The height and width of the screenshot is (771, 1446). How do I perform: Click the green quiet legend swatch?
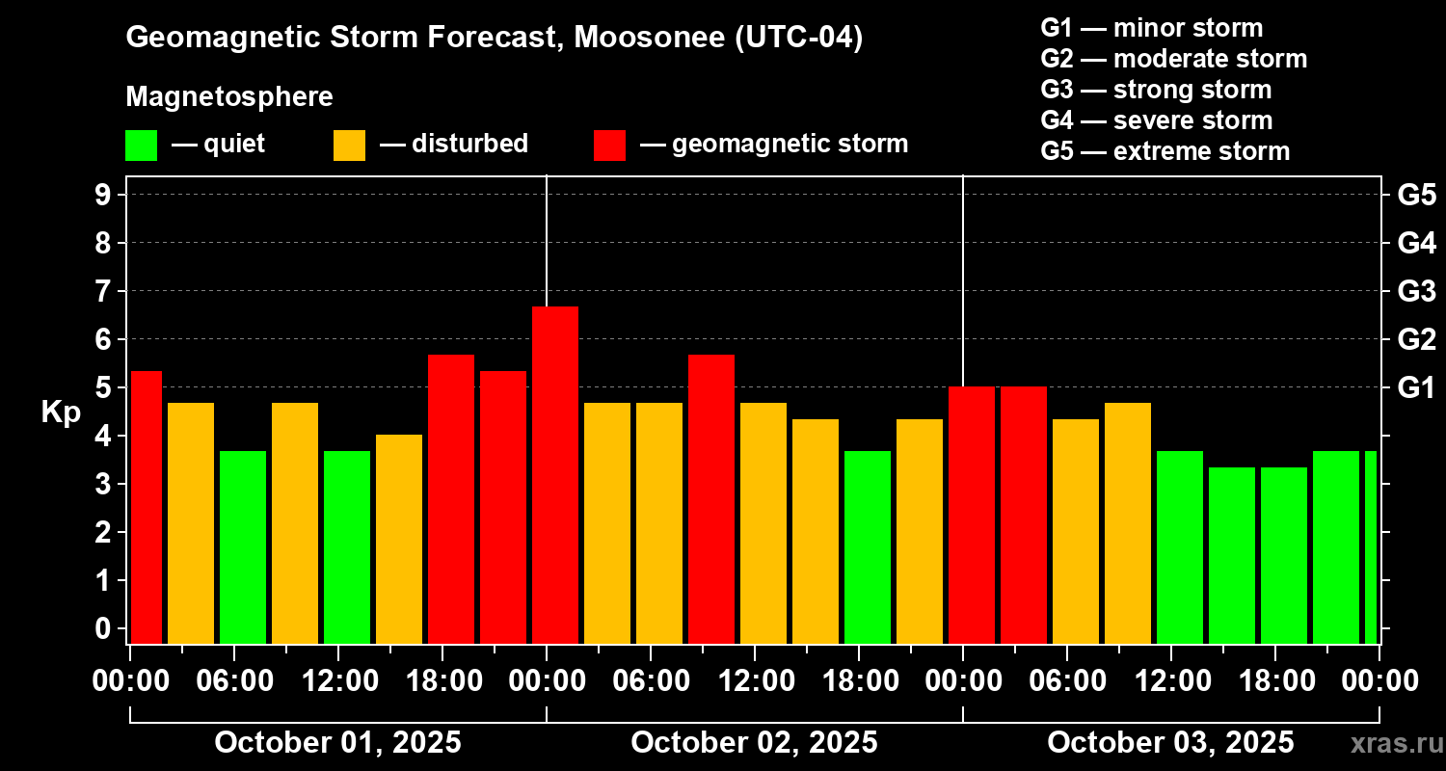coord(141,146)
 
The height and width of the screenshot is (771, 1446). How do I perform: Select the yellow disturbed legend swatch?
coord(349,146)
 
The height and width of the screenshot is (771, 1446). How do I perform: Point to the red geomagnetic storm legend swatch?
coord(609,146)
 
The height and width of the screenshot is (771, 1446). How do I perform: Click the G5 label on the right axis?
coord(1416,196)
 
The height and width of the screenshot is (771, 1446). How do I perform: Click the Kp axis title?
coord(60,412)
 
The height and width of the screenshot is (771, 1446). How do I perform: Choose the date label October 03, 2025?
coord(1170,743)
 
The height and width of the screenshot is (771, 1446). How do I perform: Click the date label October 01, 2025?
coord(337,743)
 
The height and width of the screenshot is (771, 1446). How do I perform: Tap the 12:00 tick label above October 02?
coord(756,681)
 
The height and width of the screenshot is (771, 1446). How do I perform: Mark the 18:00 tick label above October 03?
coord(1276,681)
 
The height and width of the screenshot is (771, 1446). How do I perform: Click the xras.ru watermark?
coord(1394,743)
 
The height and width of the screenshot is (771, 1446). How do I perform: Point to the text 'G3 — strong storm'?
coord(1156,90)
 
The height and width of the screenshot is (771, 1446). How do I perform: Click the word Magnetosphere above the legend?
coord(229,97)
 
